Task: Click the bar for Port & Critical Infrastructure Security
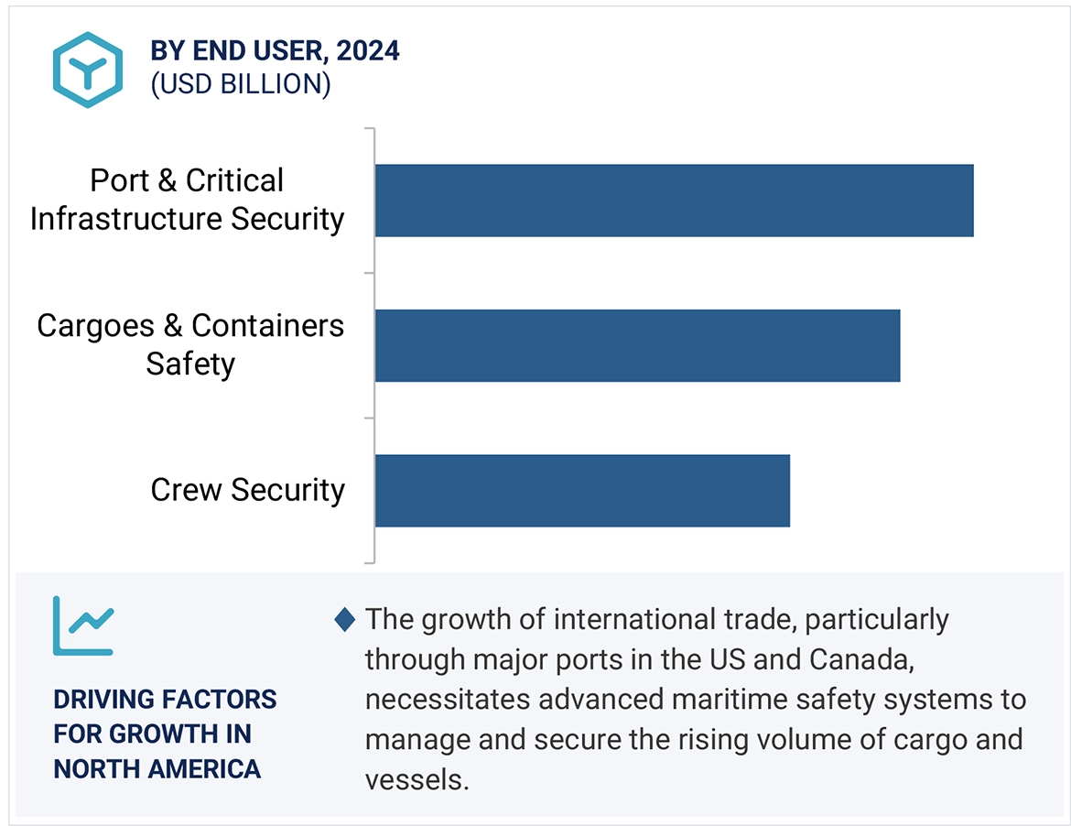coord(674,201)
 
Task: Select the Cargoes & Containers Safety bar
coord(637,345)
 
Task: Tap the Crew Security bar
coord(582,490)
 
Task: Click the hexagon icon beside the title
coord(87,70)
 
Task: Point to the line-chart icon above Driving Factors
coord(82,625)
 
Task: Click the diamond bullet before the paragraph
coord(345,620)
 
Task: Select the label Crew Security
coord(247,490)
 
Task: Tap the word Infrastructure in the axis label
coord(125,220)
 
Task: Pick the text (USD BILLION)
coord(240,83)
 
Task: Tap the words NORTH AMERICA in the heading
coord(157,768)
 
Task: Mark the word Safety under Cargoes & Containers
coord(190,364)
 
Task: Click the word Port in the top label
coord(120,181)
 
